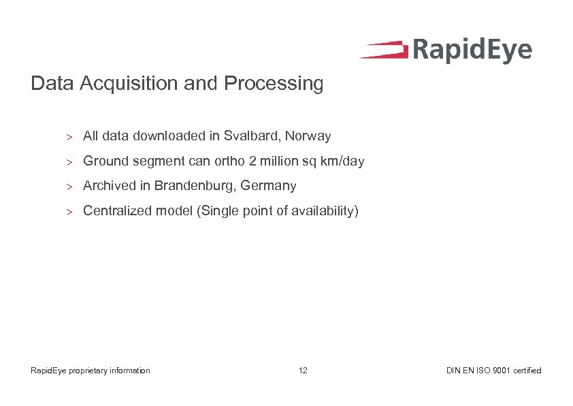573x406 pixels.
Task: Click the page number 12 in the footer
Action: coord(303,371)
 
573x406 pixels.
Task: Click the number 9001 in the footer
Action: coord(500,371)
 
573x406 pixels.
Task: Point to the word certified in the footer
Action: coord(527,371)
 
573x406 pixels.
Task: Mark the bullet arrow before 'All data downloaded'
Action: coord(69,137)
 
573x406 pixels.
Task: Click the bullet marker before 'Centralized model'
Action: coord(69,212)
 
